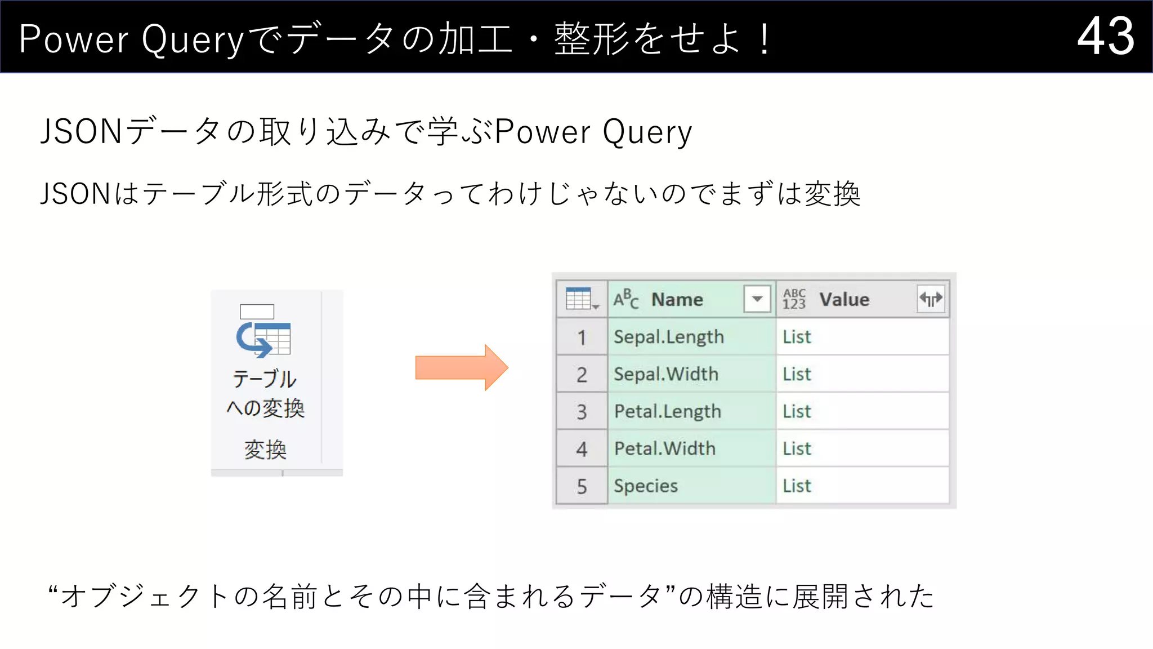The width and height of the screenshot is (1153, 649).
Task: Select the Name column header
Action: pos(677,300)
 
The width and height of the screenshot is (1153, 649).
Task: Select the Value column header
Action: pos(844,300)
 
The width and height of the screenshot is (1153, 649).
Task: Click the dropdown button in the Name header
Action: pos(757,299)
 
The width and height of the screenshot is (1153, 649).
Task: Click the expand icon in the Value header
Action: pos(931,299)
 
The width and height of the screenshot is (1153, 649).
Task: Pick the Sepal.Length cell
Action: pos(668,337)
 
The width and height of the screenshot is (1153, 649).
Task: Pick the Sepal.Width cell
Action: pos(665,374)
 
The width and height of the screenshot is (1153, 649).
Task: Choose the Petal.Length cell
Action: pos(667,411)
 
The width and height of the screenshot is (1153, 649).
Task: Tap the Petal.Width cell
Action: pos(664,448)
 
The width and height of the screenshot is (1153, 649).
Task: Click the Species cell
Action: pos(645,486)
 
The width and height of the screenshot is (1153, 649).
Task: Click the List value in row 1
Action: pos(797,337)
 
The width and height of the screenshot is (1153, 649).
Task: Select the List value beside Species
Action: pos(797,486)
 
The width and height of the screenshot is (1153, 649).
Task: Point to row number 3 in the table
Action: pos(582,412)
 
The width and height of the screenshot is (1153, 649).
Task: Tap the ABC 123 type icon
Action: pos(794,299)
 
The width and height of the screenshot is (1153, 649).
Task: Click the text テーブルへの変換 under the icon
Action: pos(265,393)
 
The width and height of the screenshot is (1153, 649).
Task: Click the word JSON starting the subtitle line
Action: pos(75,194)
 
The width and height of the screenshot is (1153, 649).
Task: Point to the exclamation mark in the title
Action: pos(764,39)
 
